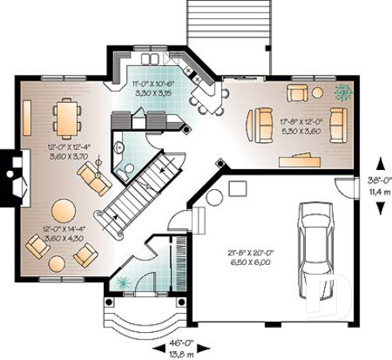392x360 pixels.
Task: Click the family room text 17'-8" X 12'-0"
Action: coord(300,126)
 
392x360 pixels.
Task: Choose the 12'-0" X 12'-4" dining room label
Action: coord(66,152)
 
